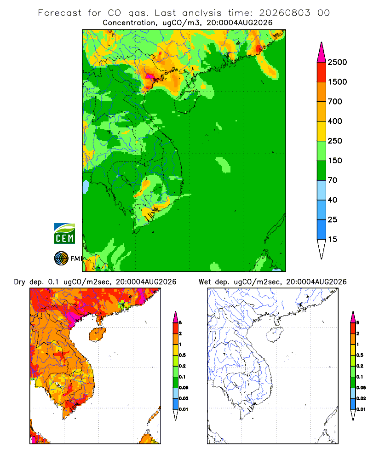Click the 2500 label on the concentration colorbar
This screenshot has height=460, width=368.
click(337, 62)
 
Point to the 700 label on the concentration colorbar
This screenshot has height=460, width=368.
click(335, 102)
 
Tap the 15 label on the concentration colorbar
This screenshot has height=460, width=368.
click(333, 239)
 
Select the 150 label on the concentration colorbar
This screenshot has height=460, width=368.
click(335, 161)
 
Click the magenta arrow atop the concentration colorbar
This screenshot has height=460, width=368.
click(322, 53)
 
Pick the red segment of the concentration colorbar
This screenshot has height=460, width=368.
click(322, 72)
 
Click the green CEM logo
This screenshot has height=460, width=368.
click(64, 234)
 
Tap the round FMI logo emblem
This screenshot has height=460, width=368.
click(61, 259)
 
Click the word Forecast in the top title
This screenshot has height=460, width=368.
click(60, 13)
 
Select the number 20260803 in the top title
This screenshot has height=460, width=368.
click(284, 13)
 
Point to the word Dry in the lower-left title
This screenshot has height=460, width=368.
click(19, 282)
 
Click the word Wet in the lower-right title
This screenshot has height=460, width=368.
click(205, 282)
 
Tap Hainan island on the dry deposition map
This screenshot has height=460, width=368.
click(97, 334)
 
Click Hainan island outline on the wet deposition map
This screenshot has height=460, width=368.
click(275, 334)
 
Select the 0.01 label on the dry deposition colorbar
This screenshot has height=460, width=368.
click(184, 409)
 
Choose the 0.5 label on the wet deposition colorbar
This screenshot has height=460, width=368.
click(359, 355)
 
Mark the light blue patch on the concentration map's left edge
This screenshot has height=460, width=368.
click(86, 187)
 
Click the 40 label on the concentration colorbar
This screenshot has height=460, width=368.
click(333, 200)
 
